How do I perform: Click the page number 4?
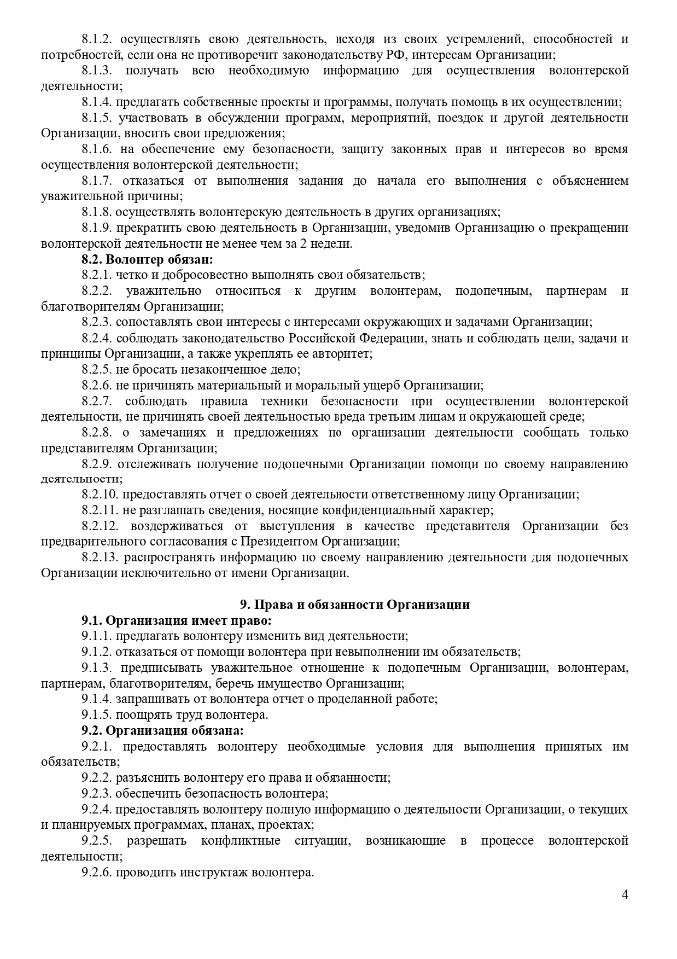624,894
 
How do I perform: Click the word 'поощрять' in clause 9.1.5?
147,715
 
